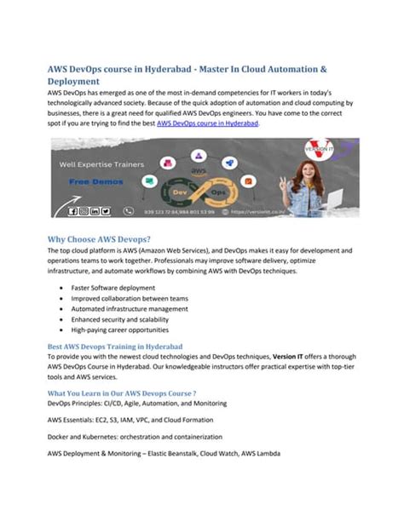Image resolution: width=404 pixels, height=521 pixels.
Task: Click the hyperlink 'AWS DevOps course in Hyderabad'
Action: (208, 123)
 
